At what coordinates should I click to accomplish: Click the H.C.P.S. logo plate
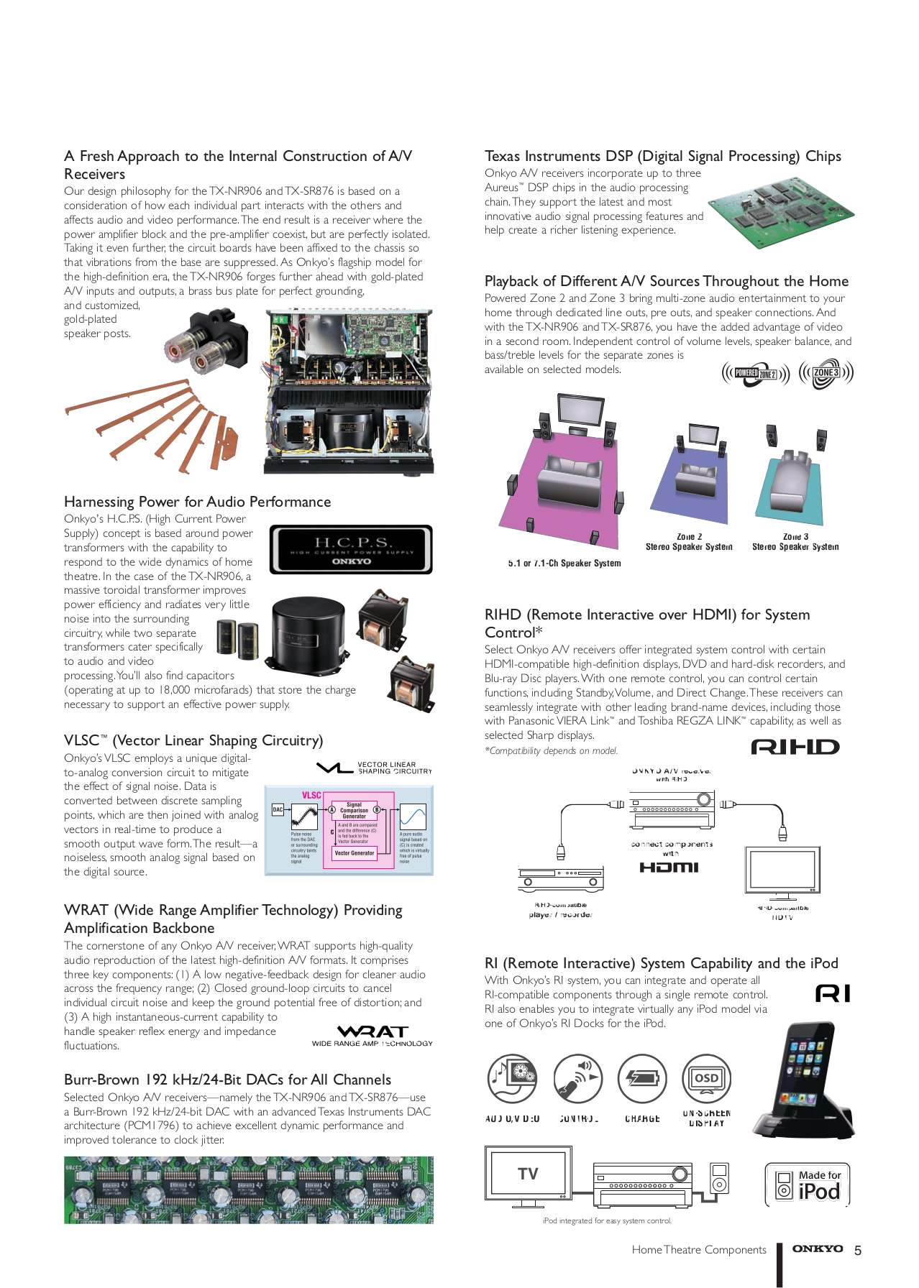pos(351,550)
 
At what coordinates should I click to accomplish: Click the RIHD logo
pos(795,747)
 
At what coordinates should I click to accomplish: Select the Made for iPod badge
pos(808,1184)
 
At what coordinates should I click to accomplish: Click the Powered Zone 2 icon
pos(756,373)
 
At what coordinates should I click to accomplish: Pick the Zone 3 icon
pos(826,373)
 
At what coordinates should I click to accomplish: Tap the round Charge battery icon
pos(642,1079)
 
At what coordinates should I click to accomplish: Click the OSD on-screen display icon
pos(706,1079)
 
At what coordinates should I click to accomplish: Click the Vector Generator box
pos(355,853)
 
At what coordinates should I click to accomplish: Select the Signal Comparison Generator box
pos(354,810)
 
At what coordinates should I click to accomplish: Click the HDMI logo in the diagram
pos(669,868)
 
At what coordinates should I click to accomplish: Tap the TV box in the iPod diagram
pos(527,1174)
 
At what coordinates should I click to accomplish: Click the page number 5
pos(857,1251)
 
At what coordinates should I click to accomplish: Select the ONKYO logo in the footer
pos(817,1249)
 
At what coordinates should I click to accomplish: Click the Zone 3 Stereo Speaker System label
pos(795,542)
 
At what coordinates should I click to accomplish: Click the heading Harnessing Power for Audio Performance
pos(198,502)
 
